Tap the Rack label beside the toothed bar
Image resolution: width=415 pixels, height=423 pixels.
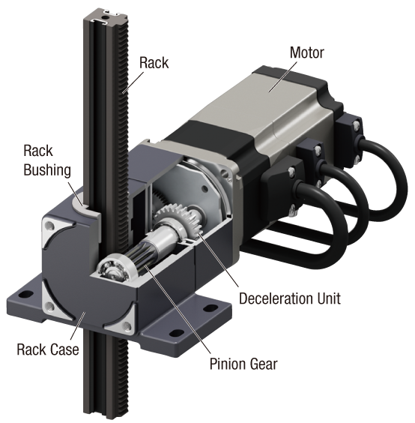point(155,62)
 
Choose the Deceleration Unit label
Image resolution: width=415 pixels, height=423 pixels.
point(289,298)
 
